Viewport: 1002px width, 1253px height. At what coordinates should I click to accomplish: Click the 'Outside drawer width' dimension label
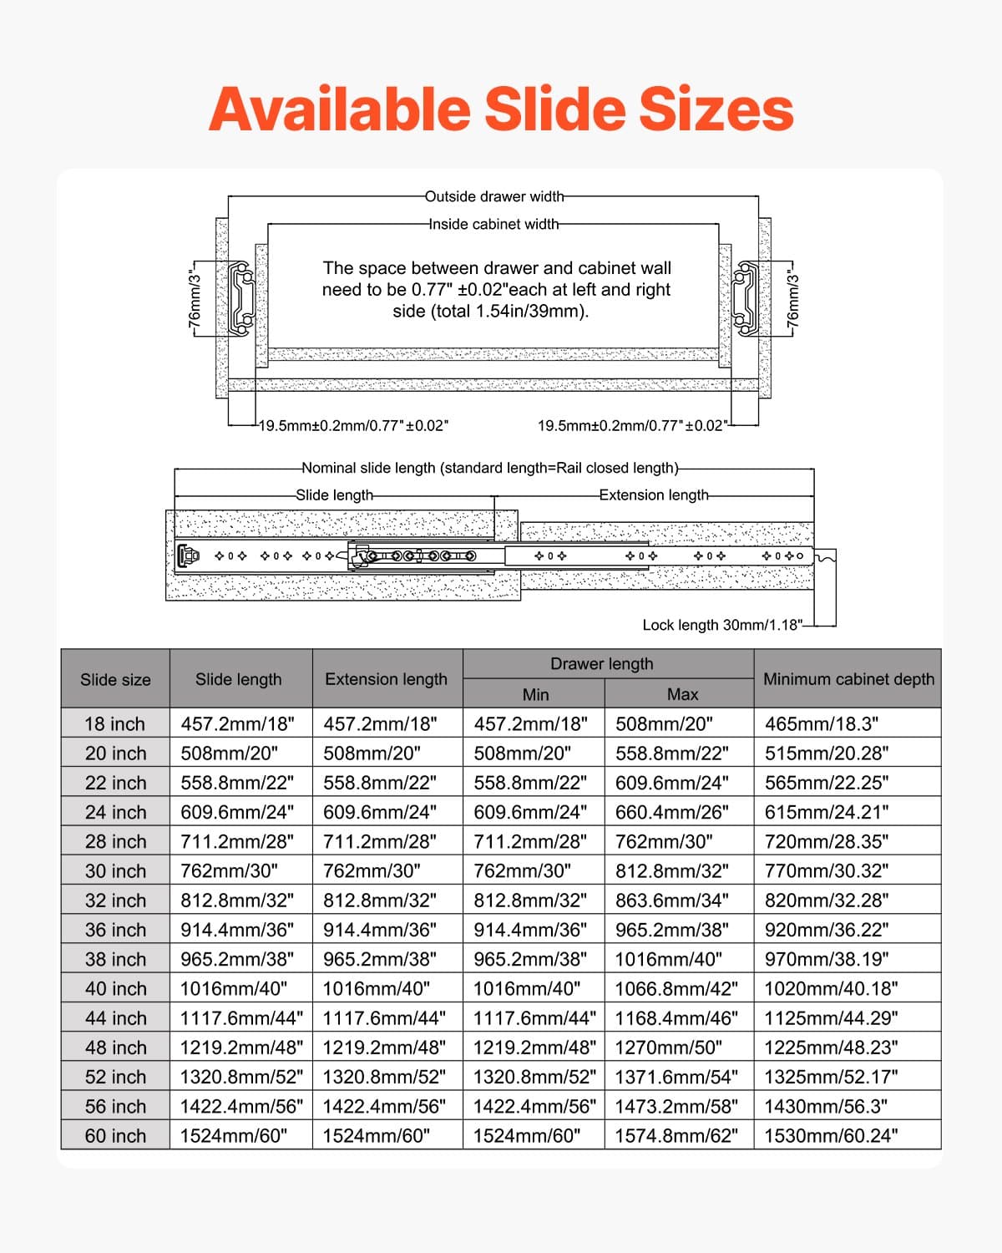(494, 197)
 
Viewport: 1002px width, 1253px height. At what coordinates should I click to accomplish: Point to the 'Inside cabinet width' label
(494, 224)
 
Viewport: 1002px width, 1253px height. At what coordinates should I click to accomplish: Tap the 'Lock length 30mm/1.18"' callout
(721, 625)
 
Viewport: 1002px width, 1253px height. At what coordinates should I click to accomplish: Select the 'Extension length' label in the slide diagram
(654, 495)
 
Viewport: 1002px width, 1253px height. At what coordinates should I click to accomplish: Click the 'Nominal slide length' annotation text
(490, 468)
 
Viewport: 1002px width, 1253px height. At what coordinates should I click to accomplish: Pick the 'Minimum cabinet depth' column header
(848, 679)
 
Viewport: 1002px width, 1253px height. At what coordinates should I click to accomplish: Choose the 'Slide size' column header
(115, 680)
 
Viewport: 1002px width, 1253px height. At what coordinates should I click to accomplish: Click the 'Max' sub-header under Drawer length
(682, 694)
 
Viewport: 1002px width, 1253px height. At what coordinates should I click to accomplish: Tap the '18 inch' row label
(115, 724)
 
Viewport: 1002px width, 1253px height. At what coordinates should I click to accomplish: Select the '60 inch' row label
(115, 1136)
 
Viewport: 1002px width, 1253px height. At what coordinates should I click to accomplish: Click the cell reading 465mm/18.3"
(822, 724)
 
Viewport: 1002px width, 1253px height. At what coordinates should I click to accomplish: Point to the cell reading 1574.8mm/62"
(676, 1136)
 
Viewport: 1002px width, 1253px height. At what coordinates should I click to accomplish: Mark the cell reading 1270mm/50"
(668, 1048)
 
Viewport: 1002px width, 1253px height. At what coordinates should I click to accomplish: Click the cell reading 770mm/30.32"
(827, 871)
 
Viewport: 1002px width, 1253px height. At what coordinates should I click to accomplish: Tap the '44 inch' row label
(115, 1018)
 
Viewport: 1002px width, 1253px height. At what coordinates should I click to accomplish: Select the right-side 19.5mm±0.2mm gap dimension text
(630, 426)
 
